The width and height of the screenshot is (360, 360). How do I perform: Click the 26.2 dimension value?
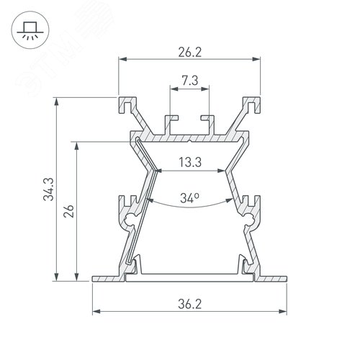coord(191,51)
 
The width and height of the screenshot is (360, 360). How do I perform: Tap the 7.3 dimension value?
coord(191,82)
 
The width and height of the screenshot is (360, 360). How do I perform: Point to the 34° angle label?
coord(191,196)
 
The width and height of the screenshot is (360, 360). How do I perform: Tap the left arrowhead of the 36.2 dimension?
coord(96,312)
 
